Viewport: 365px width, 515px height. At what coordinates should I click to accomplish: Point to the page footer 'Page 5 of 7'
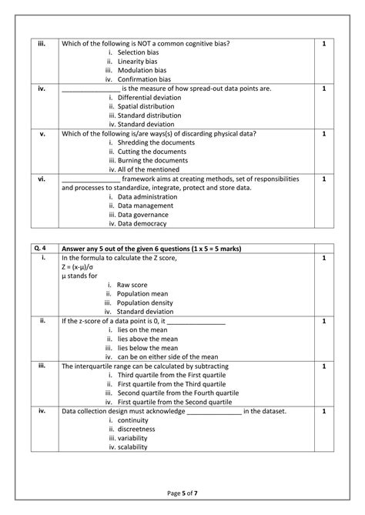182,493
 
